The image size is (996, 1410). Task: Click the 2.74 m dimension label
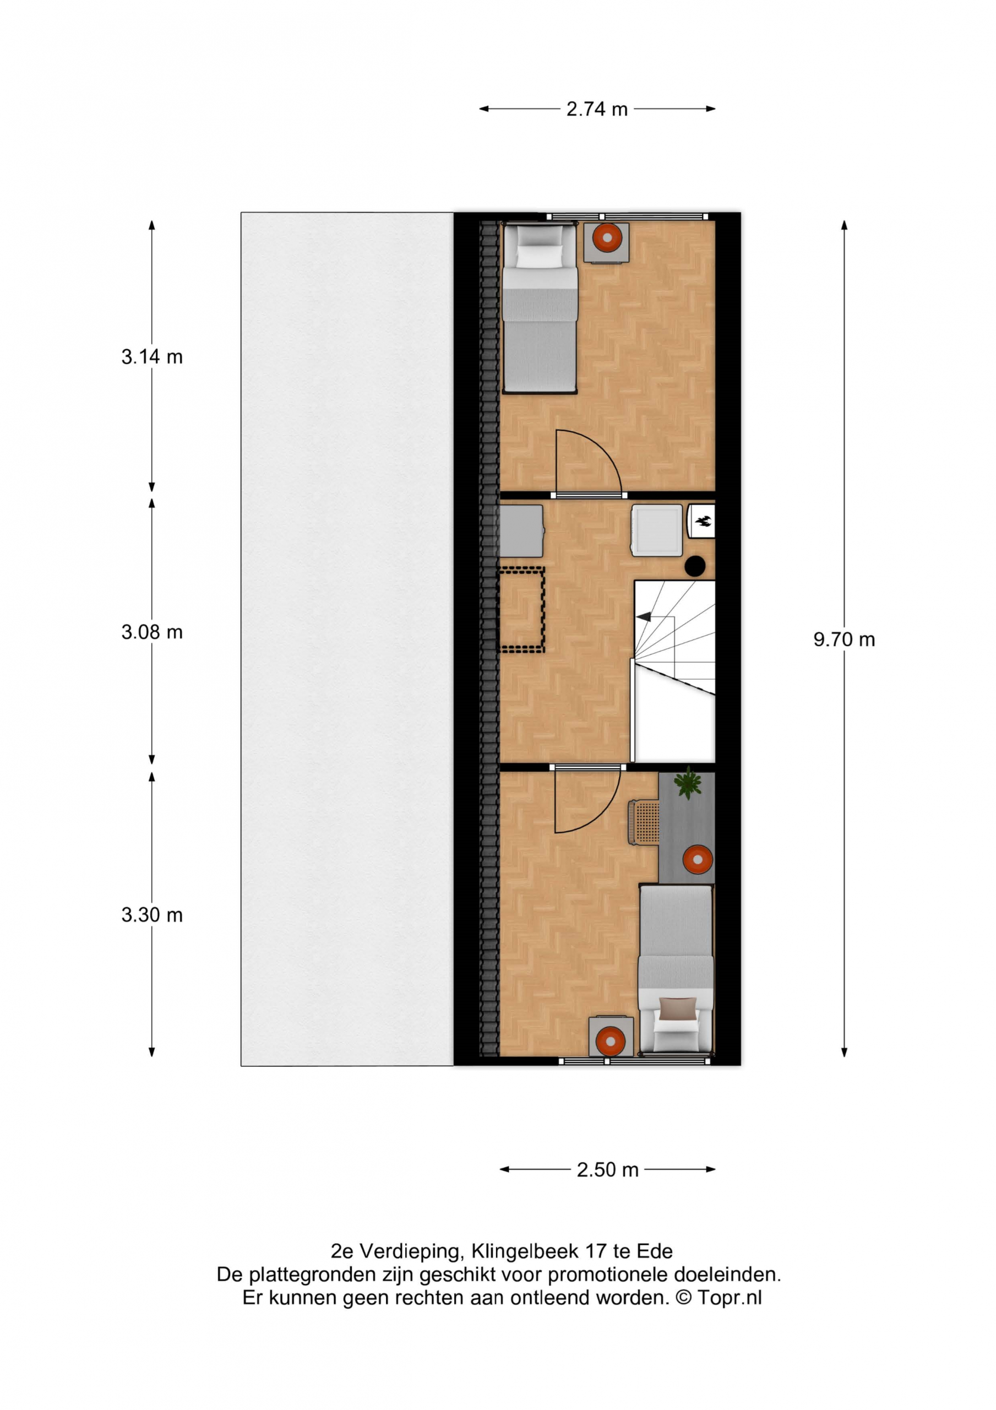pos(596,109)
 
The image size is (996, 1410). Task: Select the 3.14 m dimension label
pos(151,357)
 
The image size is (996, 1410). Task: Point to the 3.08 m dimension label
pos(151,632)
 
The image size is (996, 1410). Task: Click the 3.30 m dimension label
pos(151,915)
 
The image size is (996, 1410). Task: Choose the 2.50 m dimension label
pos(607,1170)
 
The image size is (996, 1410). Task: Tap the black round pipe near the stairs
pos(694,566)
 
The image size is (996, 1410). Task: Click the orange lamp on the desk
pos(698,859)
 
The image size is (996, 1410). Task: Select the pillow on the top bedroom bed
pos(539,256)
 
